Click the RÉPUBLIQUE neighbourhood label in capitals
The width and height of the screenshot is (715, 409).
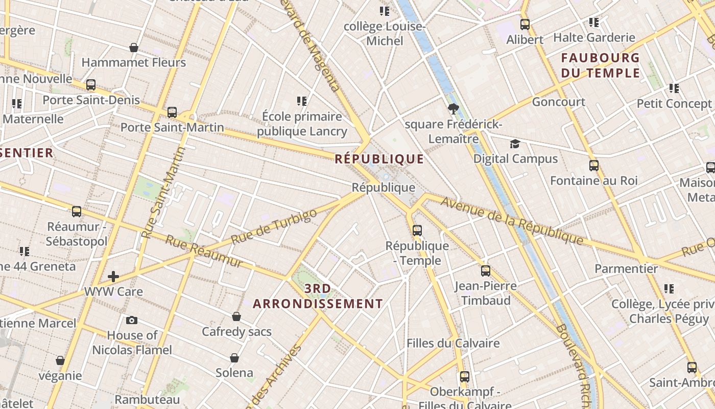tap(379, 159)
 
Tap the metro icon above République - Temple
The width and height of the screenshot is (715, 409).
tap(417, 231)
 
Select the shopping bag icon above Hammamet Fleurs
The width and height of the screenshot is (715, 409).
tap(134, 48)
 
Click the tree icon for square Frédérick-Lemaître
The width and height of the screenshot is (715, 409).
tap(452, 109)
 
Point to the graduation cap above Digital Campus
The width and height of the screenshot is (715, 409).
tap(515, 144)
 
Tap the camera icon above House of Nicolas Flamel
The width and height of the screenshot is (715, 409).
tap(132, 321)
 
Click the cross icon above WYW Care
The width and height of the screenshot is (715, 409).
tap(113, 277)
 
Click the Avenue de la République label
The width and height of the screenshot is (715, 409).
tap(512, 219)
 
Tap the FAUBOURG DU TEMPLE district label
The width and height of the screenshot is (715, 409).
tap(600, 65)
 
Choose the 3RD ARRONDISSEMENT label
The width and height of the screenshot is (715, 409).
tap(318, 296)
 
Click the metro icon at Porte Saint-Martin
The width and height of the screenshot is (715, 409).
tap(172, 112)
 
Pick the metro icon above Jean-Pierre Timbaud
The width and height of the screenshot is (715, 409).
tap(486, 271)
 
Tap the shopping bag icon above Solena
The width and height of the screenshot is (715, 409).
tap(234, 358)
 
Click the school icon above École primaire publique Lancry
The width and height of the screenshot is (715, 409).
tap(302, 101)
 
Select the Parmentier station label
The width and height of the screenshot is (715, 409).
tap(626, 268)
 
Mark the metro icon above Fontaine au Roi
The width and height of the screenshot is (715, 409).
tap(594, 166)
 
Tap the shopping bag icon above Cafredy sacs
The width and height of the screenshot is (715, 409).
tap(236, 317)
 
